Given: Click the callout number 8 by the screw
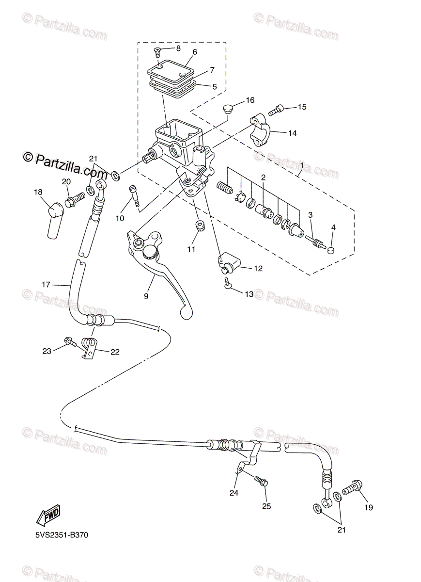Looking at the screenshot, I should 178,48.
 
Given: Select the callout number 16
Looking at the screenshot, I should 250,100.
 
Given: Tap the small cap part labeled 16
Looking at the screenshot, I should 229,107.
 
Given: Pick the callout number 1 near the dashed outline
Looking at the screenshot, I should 301,166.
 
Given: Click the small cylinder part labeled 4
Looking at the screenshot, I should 331,250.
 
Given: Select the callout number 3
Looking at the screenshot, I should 310,214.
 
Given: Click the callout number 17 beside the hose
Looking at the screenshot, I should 46,285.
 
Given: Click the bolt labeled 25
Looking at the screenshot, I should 260,481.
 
